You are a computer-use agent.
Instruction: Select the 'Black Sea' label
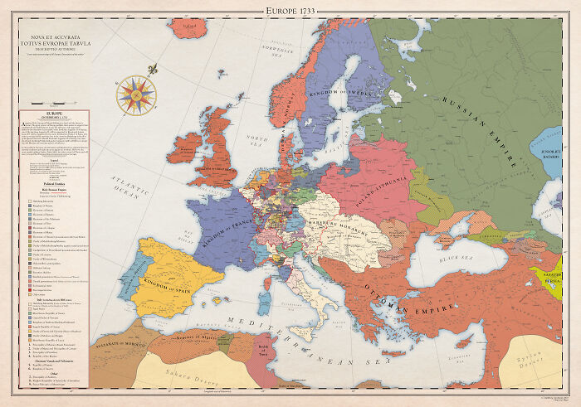coord(456,259)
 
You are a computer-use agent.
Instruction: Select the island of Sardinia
coord(277,293)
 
